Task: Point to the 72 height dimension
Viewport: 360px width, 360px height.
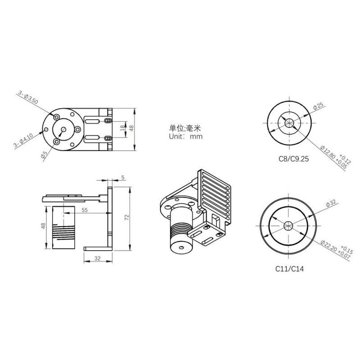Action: coord(127,217)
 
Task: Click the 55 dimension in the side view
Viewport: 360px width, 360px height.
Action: coord(84,210)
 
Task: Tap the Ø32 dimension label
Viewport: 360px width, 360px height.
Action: coord(332,203)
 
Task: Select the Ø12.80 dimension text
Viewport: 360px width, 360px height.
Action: coord(328,156)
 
